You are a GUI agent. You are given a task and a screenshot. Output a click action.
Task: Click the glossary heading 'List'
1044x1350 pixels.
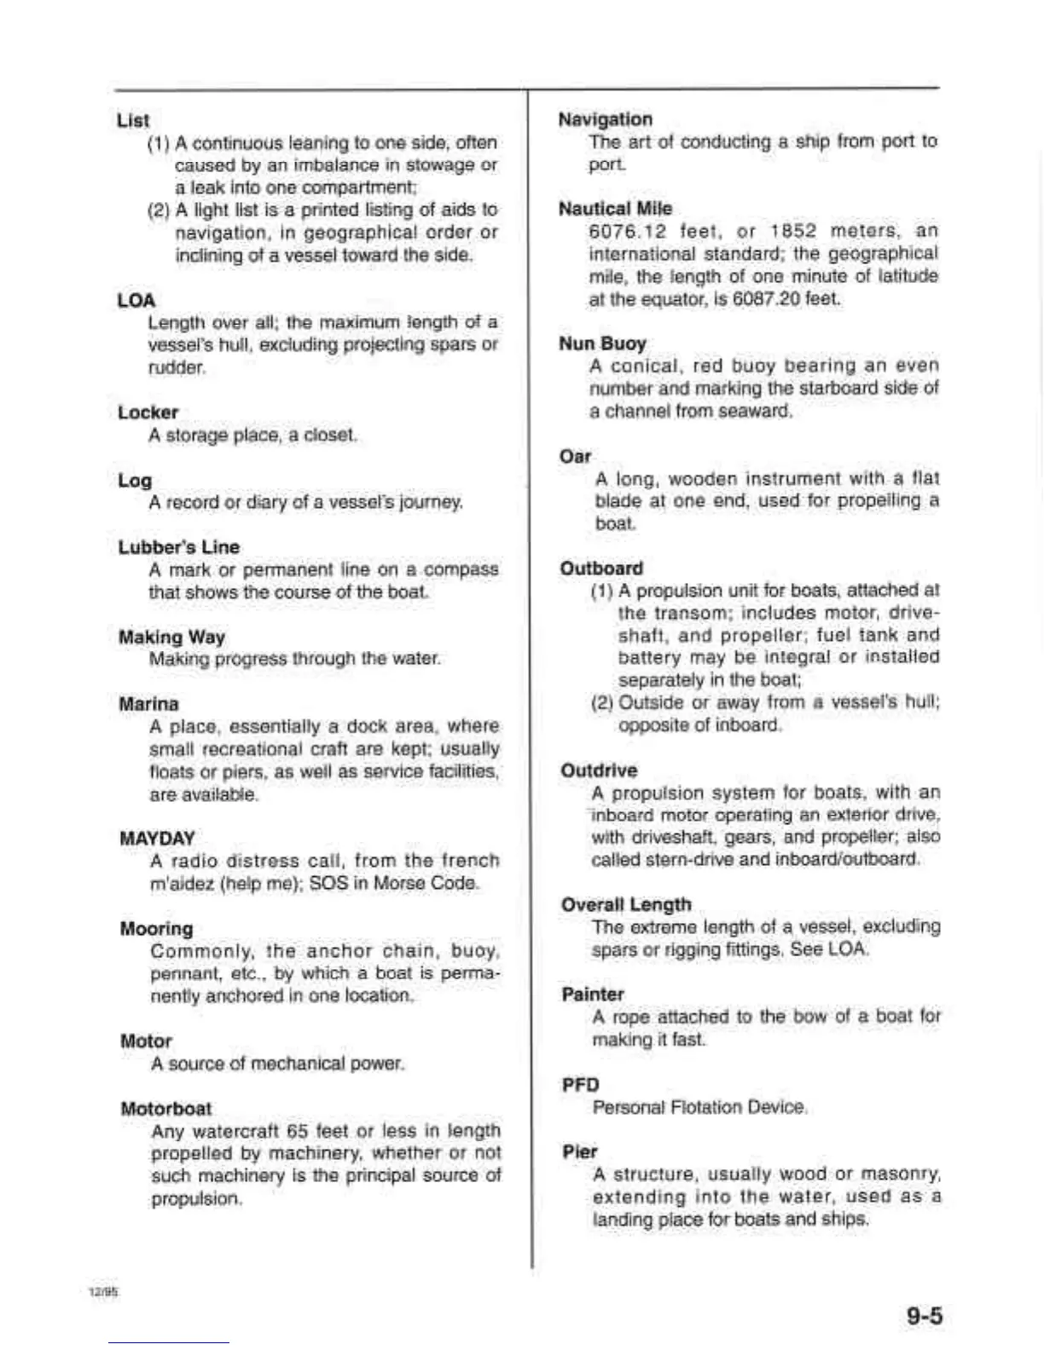(133, 120)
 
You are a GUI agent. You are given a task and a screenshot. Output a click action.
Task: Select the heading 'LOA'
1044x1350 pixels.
(136, 300)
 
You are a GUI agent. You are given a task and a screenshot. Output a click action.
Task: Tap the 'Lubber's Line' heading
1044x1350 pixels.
(179, 547)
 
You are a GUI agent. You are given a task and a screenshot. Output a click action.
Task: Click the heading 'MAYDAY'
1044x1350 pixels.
(157, 838)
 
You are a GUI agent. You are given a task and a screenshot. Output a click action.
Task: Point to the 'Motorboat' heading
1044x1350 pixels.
(166, 1109)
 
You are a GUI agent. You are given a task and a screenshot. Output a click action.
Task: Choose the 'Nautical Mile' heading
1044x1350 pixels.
(615, 209)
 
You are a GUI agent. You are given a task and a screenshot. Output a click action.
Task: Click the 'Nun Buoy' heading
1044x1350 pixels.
(602, 343)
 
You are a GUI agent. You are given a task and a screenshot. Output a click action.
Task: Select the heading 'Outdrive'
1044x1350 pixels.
(599, 770)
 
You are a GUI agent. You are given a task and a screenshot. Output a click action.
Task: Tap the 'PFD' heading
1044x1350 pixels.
(581, 1085)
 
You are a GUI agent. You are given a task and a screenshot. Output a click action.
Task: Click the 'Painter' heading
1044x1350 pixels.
(593, 995)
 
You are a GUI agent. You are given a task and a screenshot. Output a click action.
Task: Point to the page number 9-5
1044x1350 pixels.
(925, 1317)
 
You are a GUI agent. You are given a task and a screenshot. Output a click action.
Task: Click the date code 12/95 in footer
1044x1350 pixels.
(103, 1292)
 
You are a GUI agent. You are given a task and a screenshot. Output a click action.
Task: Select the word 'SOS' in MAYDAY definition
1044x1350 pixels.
(328, 883)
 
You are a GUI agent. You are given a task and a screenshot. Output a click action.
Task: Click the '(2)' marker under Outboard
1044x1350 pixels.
(602, 703)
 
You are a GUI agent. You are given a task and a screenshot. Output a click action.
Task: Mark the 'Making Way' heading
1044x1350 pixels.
(171, 637)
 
